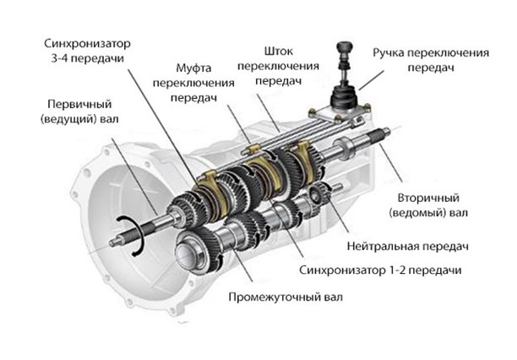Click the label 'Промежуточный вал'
point(286,297)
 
